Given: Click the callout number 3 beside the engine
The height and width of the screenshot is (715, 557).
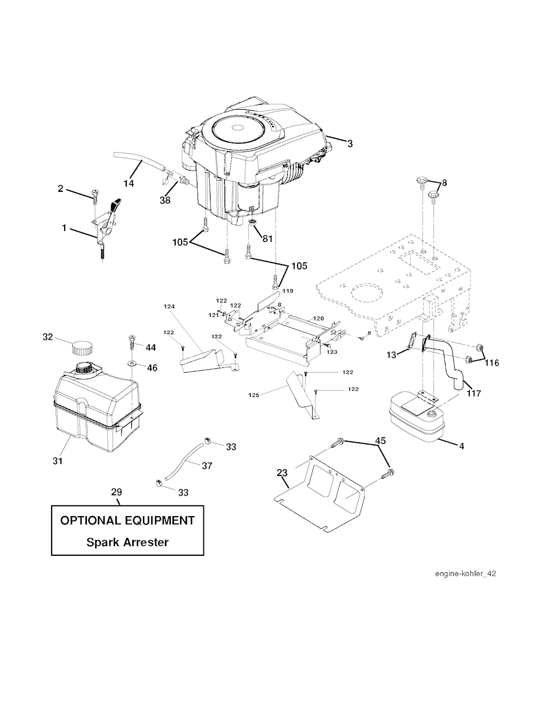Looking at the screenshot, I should click(x=350, y=144).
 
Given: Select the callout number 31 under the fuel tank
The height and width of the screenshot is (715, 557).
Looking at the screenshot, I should click(x=58, y=461).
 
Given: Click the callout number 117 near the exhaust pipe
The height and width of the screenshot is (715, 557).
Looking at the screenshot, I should click(x=474, y=393).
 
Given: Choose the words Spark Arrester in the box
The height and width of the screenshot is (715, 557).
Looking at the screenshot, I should click(x=127, y=542).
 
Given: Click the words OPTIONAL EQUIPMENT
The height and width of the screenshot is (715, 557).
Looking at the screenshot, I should click(x=127, y=520).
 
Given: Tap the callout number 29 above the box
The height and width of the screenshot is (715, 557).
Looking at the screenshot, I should click(x=116, y=492).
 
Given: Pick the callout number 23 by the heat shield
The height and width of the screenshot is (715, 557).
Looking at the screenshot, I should click(x=282, y=473).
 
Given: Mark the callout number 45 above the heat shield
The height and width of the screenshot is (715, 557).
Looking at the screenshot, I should click(x=381, y=441).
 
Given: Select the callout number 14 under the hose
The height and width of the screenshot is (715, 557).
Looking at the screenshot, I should click(x=128, y=184).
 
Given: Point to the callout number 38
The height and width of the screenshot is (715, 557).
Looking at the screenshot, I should click(x=165, y=200).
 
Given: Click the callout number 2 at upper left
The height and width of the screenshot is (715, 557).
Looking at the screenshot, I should click(x=60, y=189).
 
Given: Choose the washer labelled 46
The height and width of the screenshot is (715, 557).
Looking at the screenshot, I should click(x=133, y=361).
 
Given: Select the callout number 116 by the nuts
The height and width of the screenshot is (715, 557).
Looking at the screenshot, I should click(x=492, y=362).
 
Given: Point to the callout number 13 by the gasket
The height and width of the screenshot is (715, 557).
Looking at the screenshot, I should click(x=392, y=355).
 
